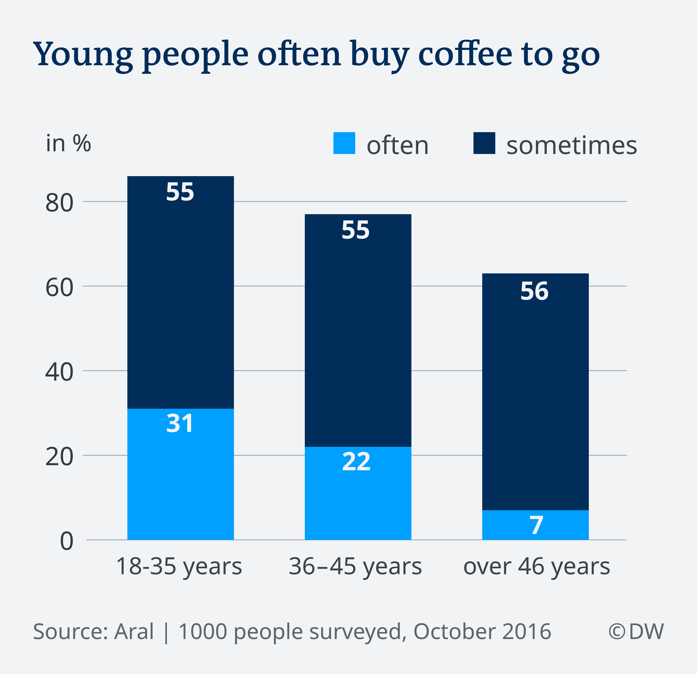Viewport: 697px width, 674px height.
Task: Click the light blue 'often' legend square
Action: click(344, 143)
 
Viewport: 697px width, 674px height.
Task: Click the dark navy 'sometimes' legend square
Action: click(484, 143)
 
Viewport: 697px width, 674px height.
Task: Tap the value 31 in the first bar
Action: click(180, 424)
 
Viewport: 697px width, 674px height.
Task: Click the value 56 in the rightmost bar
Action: click(534, 291)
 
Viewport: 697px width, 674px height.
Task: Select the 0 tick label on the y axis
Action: click(66, 542)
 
